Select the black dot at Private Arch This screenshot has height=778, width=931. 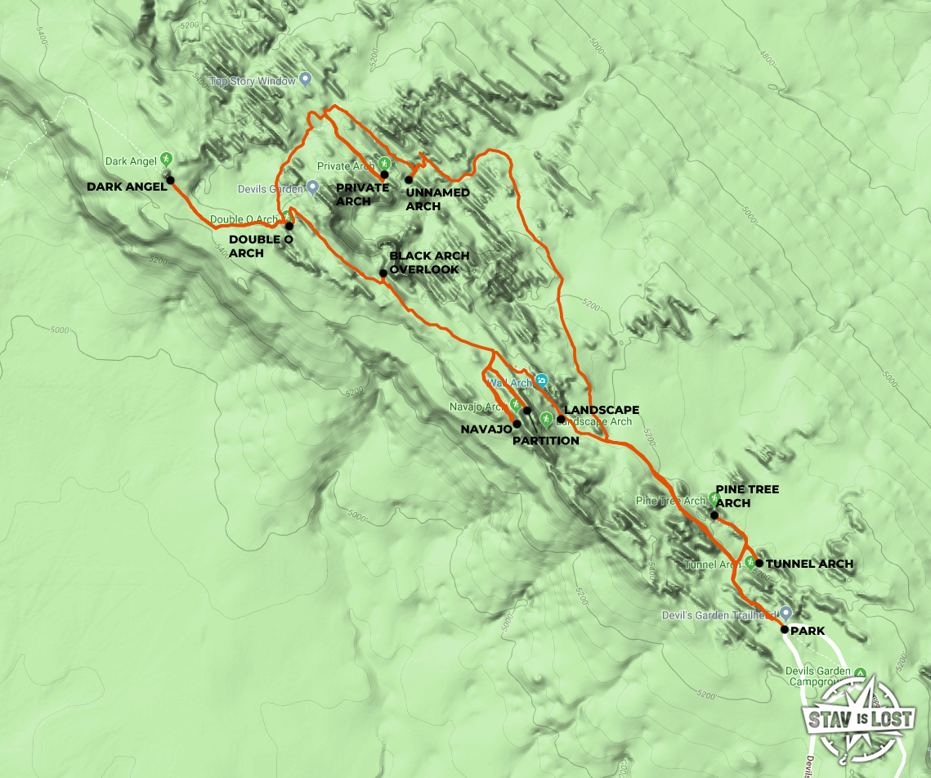[x=384, y=174]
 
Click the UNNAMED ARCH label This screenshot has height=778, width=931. [x=437, y=199]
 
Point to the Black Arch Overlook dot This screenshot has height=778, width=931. [x=383, y=273]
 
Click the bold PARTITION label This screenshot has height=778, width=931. [x=545, y=440]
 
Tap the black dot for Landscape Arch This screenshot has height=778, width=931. [x=561, y=420]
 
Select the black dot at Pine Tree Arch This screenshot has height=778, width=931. [x=714, y=515]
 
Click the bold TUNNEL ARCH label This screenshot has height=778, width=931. [x=809, y=564]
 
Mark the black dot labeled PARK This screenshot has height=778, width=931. [x=784, y=630]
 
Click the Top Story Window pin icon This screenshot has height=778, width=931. [x=306, y=79]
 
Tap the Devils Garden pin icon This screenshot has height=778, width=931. [x=312, y=187]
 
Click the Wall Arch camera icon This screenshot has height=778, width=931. [x=541, y=381]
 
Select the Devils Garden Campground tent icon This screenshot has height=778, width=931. [x=860, y=673]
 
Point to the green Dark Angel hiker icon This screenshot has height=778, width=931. [x=166, y=159]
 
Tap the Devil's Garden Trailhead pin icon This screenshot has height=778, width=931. [x=786, y=612]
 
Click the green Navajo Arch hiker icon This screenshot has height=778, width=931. [x=515, y=404]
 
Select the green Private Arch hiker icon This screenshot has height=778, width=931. [x=384, y=163]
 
